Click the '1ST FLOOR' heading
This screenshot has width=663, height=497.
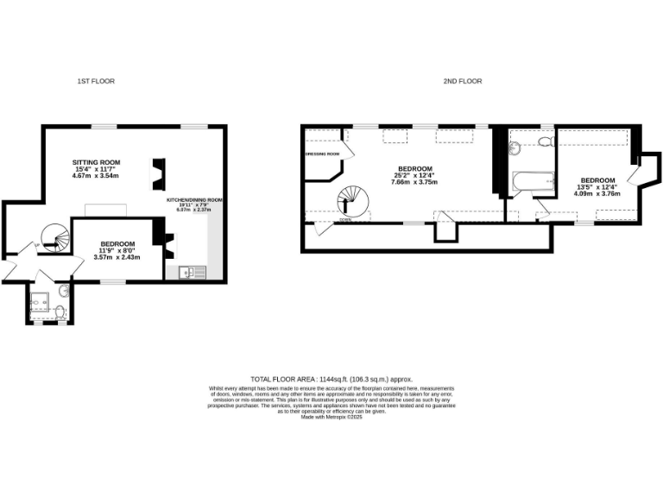coord(96,81)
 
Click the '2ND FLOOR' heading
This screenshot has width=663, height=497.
coord(464,81)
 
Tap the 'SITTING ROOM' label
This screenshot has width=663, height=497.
coord(96,161)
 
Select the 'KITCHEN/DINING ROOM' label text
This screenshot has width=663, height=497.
coord(195,200)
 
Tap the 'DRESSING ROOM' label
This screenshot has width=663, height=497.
coord(323,154)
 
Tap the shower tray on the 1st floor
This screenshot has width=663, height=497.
coord(40,304)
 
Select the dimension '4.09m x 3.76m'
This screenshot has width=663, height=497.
coord(597,193)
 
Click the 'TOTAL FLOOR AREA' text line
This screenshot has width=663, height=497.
coord(331,380)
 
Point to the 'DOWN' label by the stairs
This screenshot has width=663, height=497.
coord(344,220)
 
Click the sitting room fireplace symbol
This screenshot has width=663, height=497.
coord(158,172)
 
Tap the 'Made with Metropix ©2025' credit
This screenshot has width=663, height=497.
coord(331,418)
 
